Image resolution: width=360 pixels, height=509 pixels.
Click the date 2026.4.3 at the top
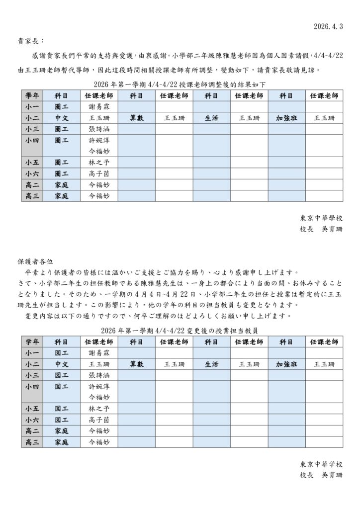click(329, 25)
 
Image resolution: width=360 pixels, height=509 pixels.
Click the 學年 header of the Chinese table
click(32, 95)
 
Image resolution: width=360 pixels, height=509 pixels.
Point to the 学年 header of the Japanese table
click(32, 342)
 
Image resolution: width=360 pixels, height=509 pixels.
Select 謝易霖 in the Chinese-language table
click(98, 107)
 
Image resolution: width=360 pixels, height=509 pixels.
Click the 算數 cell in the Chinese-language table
click(137, 118)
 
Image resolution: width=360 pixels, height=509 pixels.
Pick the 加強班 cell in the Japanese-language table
click(287, 364)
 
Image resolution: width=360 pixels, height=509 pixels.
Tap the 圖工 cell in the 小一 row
click(62, 107)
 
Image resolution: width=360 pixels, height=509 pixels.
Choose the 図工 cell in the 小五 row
click(62, 409)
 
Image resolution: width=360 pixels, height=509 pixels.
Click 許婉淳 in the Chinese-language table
click(98, 140)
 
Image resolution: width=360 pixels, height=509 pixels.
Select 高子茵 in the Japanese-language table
click(98, 420)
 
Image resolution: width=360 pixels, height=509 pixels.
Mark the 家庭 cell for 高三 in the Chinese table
click(62, 196)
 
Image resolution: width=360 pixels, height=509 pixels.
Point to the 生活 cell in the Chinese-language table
click(211, 118)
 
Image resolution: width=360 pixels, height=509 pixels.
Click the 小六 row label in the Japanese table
click(32, 420)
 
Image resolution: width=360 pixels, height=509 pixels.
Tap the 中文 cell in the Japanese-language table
click(62, 364)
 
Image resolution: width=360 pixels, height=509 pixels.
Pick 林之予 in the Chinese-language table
click(98, 163)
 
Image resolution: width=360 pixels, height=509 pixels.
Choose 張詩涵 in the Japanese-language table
click(98, 375)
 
